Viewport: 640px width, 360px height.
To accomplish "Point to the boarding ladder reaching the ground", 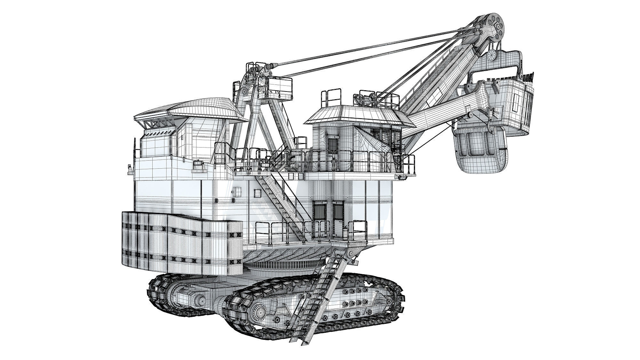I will click(x=320, y=298).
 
